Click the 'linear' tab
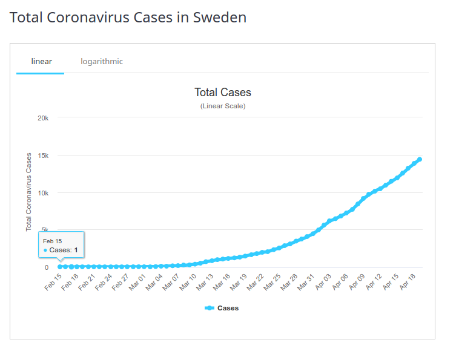41,62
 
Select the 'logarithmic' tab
102,62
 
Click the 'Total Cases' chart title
223,93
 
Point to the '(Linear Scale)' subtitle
223,106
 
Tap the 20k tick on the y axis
43,118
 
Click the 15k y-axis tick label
43,155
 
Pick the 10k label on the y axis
43,193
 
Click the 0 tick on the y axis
47,267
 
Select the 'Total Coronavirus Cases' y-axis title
28,192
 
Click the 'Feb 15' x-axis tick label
53,282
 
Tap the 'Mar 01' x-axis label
137,282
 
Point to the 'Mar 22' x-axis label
256,282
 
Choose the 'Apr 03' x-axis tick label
323,282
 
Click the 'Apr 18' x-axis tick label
408,282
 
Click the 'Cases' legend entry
222,308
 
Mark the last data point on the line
420,159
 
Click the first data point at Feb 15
60,267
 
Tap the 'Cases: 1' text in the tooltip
63,250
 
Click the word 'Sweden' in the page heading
220,18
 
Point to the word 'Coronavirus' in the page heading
88,18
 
